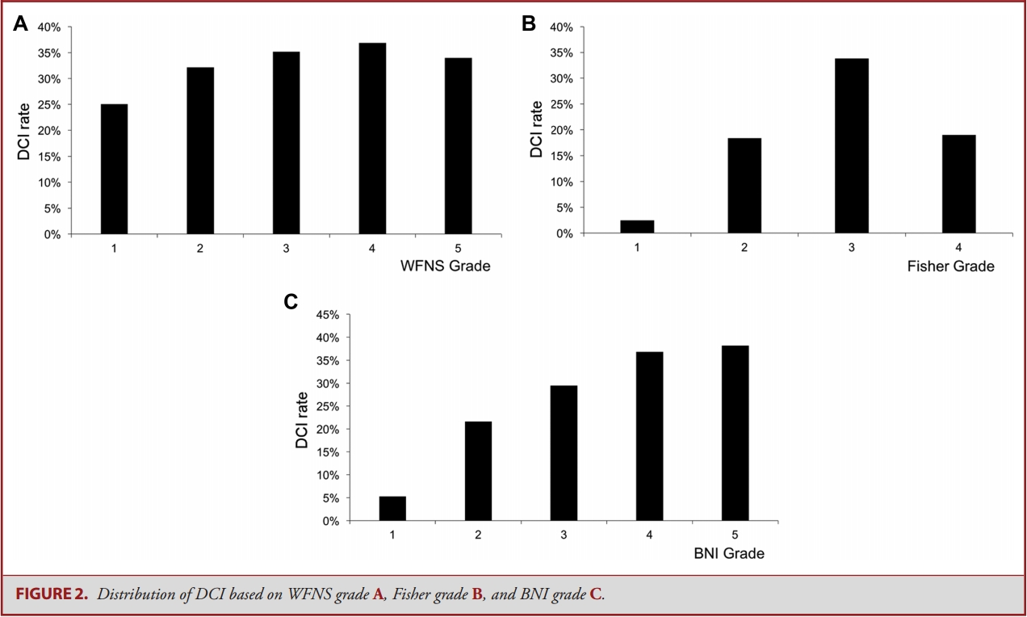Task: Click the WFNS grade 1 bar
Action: pos(114,169)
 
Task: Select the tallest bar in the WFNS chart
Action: pos(372,138)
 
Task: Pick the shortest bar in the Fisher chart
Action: pos(637,227)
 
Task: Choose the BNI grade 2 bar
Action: pos(478,471)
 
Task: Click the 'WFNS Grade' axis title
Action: pos(445,266)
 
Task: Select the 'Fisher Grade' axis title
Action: pos(951,266)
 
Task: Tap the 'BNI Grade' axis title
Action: pos(729,554)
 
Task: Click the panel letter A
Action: pos(20,24)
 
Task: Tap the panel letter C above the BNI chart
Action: pos(291,302)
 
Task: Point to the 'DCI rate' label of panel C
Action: pos(302,420)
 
